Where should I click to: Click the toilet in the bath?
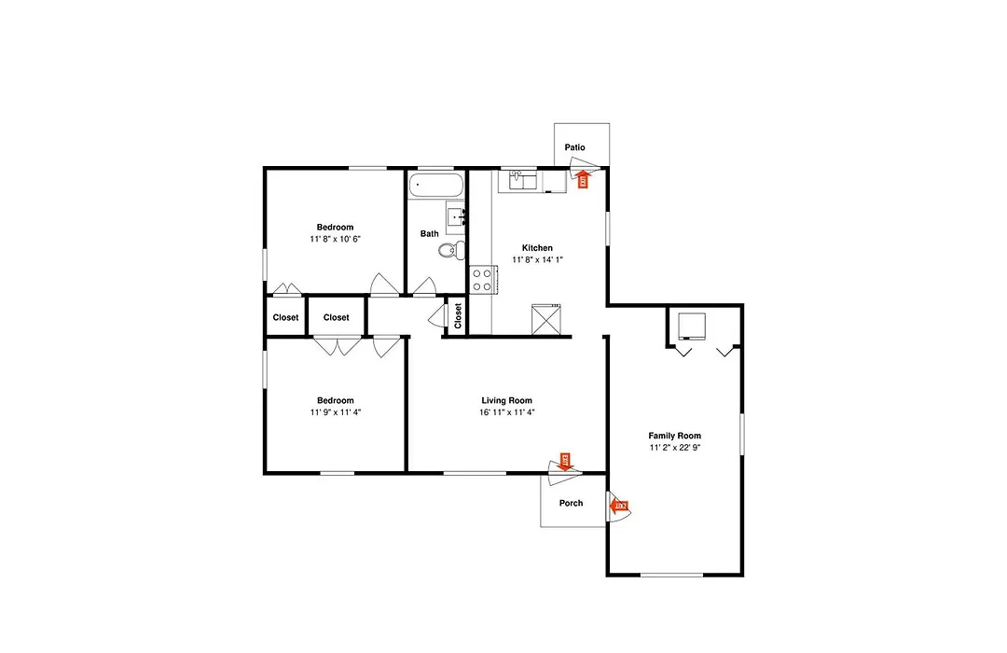[452, 249]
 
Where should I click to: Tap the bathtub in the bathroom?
[436, 185]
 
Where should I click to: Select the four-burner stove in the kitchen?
[482, 280]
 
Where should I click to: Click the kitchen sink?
[523, 181]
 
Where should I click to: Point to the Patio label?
[574, 147]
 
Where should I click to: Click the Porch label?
[571, 503]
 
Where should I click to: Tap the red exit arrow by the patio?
[583, 178]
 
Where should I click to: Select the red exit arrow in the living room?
[565, 462]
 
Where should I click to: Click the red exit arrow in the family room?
[618, 507]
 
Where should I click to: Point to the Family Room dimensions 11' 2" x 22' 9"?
[674, 448]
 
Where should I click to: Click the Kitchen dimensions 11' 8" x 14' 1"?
[538, 259]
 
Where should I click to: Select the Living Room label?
[506, 400]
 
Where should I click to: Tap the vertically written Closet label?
[458, 316]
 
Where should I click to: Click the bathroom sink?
[456, 217]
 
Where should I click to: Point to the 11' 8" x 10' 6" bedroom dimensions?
[336, 239]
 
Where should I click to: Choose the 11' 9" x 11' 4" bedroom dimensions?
[336, 412]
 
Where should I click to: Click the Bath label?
[430, 233]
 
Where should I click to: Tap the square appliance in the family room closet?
[692, 326]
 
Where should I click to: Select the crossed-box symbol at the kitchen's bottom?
[545, 319]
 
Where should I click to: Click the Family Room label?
[674, 435]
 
